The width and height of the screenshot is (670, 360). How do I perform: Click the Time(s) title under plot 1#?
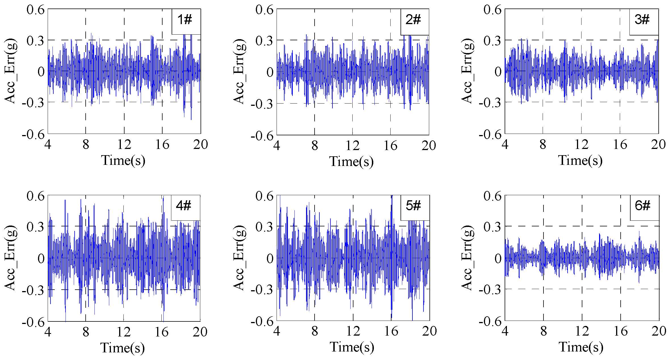point(123,161)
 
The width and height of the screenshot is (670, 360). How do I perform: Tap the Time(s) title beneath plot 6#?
point(581,347)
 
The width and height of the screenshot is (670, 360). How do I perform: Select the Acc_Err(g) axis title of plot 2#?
point(239,71)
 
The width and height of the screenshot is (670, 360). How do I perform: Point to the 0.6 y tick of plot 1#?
point(36,10)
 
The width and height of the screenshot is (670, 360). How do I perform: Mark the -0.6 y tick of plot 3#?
point(490,134)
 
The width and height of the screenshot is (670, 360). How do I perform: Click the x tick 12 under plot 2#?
point(353,146)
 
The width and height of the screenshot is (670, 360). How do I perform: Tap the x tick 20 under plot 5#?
point(429,331)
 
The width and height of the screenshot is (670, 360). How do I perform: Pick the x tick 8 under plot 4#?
point(86,332)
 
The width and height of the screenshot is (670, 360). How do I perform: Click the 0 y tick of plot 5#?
point(270,258)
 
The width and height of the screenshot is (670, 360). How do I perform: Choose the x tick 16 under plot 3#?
point(620,145)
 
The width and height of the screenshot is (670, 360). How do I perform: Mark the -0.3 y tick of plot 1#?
point(33,103)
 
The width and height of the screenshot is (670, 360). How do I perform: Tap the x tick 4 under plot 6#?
point(505,331)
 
